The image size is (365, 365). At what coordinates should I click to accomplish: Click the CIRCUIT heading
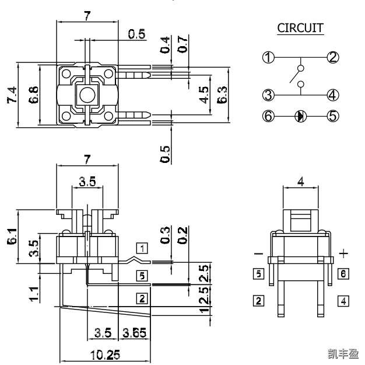[x=300, y=28]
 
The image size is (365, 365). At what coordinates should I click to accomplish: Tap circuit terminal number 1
[x=268, y=57]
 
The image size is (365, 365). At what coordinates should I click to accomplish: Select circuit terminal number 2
[x=333, y=57]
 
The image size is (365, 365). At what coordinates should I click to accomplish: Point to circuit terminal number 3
[x=268, y=95]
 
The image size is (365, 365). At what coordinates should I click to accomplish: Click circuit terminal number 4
[x=333, y=95]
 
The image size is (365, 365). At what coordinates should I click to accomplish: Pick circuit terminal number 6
[x=268, y=116]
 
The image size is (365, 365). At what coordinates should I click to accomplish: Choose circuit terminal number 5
[x=333, y=116]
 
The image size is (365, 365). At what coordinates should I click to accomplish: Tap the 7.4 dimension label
[x=10, y=94]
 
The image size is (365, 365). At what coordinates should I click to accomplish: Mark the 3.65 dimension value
[x=136, y=334]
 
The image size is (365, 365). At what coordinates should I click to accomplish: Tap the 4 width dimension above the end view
[x=300, y=181]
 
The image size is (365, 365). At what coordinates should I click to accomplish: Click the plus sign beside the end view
[x=344, y=253]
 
